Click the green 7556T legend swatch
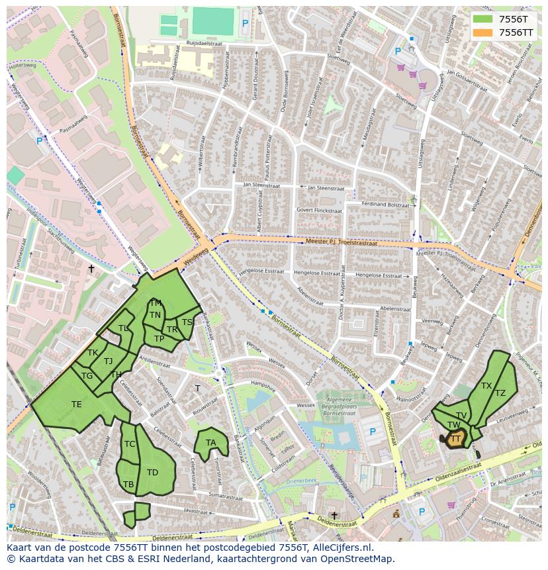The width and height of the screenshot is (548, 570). (x=483, y=19)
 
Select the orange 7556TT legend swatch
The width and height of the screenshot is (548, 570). (x=483, y=32)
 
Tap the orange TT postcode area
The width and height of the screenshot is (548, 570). (x=455, y=438)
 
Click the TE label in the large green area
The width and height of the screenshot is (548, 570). (x=77, y=404)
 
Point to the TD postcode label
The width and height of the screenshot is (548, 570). (x=152, y=473)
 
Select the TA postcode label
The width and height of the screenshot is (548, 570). (x=210, y=443)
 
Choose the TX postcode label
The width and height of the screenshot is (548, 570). (x=486, y=386)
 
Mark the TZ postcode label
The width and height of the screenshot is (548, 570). (x=500, y=393)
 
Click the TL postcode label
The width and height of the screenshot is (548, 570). (x=123, y=328)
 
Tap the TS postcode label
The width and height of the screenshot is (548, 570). (x=187, y=322)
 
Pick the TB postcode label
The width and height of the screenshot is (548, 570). (x=128, y=485)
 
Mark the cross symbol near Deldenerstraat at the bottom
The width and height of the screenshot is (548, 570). (x=334, y=516)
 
